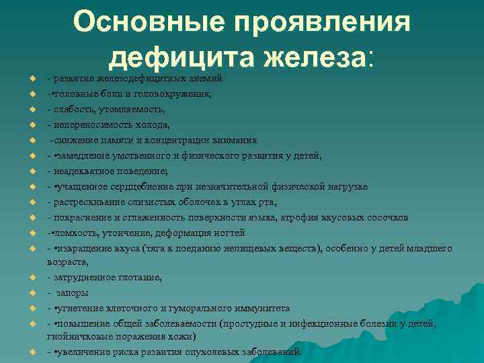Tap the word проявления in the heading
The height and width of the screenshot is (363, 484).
pyautogui.click(x=315, y=22)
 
